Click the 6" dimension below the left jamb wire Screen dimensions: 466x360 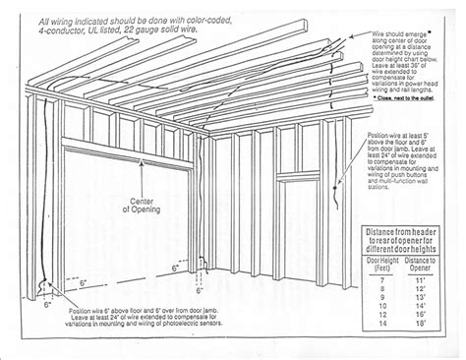coord(48,305)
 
